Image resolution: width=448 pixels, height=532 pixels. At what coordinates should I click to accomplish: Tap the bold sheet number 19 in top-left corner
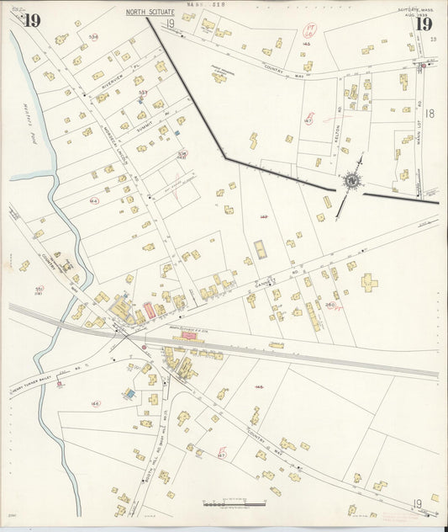tap(32, 21)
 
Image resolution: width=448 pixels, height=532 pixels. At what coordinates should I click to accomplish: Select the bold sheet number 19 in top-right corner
tap(424, 24)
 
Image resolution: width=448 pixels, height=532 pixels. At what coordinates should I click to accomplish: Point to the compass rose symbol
tap(350, 180)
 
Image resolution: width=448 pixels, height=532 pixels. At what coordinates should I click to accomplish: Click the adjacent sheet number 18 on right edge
tap(430, 114)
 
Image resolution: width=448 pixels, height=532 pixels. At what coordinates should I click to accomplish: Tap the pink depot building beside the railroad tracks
tap(189, 335)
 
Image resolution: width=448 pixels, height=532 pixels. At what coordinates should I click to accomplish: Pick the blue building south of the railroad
tap(129, 393)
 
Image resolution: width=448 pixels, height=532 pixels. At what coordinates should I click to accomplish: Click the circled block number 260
tap(330, 305)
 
